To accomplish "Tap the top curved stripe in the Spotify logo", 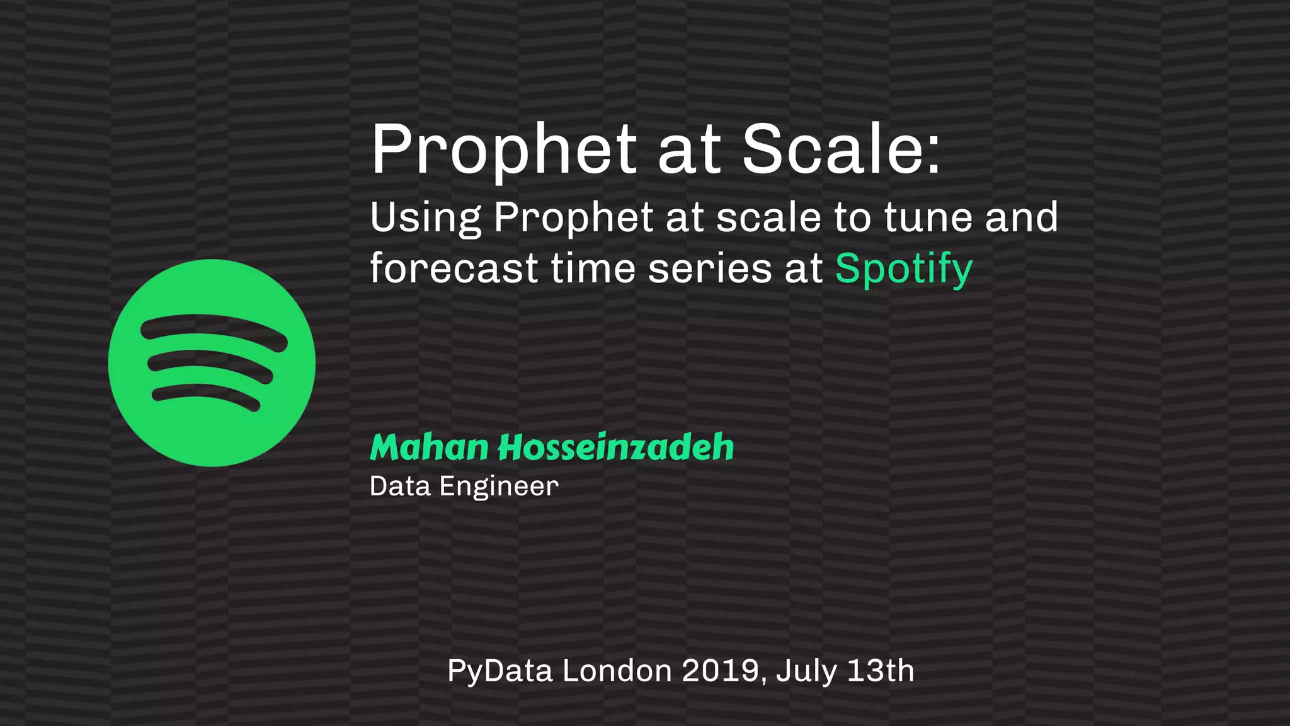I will tap(214, 327).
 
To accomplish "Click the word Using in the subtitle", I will tap(425, 218).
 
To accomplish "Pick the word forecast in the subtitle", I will tap(454, 268).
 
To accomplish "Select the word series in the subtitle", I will tap(710, 268).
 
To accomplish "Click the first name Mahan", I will tap(429, 447).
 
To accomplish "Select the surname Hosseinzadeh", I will tap(616, 447).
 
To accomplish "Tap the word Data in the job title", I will tap(400, 486).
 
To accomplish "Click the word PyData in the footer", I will tap(499, 671).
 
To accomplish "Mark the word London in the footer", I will tap(617, 671).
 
